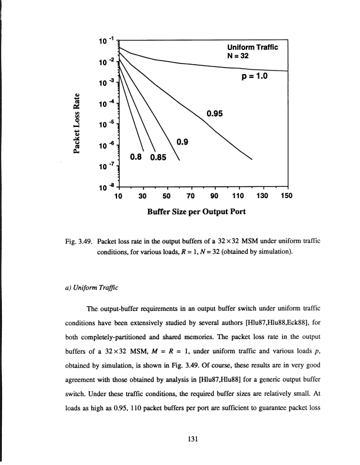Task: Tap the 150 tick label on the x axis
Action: [x=286, y=196]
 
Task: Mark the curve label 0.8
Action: [x=137, y=157]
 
